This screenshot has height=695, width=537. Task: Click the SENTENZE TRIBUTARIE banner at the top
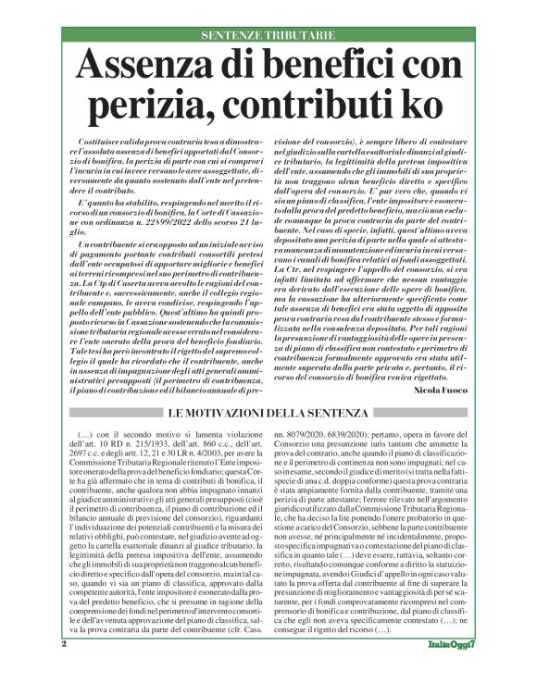click(x=268, y=35)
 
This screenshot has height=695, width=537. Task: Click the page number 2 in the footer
click(x=64, y=668)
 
